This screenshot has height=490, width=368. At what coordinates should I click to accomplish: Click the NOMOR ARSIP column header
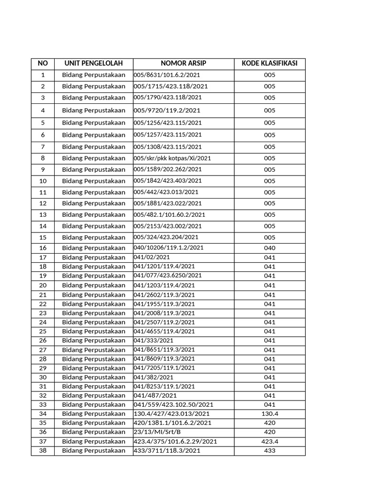click(184, 64)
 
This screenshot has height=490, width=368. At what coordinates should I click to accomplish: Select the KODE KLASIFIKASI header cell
click(269, 64)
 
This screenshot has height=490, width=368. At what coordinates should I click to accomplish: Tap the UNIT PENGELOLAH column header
click(93, 64)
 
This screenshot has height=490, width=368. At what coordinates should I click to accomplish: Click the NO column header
click(43, 64)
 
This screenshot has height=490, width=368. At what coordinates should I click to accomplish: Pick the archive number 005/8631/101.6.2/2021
click(167, 75)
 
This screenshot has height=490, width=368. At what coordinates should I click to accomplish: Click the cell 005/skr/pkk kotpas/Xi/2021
click(172, 158)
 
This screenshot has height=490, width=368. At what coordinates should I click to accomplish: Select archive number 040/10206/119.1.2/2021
click(169, 248)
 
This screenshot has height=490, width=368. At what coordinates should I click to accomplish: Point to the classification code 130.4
click(269, 414)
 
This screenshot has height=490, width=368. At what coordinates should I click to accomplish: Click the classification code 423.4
click(269, 442)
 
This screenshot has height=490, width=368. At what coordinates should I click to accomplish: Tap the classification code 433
click(269, 451)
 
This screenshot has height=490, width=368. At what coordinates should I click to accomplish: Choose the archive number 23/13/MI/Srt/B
click(157, 432)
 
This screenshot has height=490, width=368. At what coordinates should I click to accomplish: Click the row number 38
click(43, 451)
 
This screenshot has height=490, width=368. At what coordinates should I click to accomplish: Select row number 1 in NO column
click(43, 75)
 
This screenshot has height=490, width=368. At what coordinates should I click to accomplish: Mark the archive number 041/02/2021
click(151, 257)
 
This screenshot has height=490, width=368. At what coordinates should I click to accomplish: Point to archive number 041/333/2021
click(153, 340)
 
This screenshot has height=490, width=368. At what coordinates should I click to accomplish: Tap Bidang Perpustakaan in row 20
click(93, 285)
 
